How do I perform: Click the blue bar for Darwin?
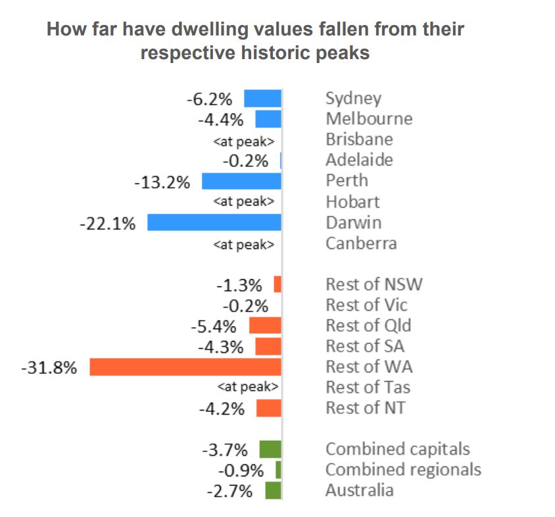[214, 222]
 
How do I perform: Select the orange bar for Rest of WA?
[185, 367]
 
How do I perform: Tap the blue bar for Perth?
[241, 181]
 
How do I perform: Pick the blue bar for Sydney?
[262, 99]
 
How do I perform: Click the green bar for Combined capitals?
[270, 449]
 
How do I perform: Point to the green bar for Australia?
[273, 490]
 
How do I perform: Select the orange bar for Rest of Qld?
[264, 325]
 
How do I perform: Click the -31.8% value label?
[49, 367]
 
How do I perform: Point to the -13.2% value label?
[162, 182]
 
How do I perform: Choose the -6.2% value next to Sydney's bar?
[209, 99]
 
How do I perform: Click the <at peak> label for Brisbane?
[243, 141]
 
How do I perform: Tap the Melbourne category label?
[369, 119]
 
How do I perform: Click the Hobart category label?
[352, 202]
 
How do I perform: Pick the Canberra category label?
[361, 243]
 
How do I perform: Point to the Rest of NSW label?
[374, 284]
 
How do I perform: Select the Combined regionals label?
[403, 470]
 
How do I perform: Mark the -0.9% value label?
[241, 470]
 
